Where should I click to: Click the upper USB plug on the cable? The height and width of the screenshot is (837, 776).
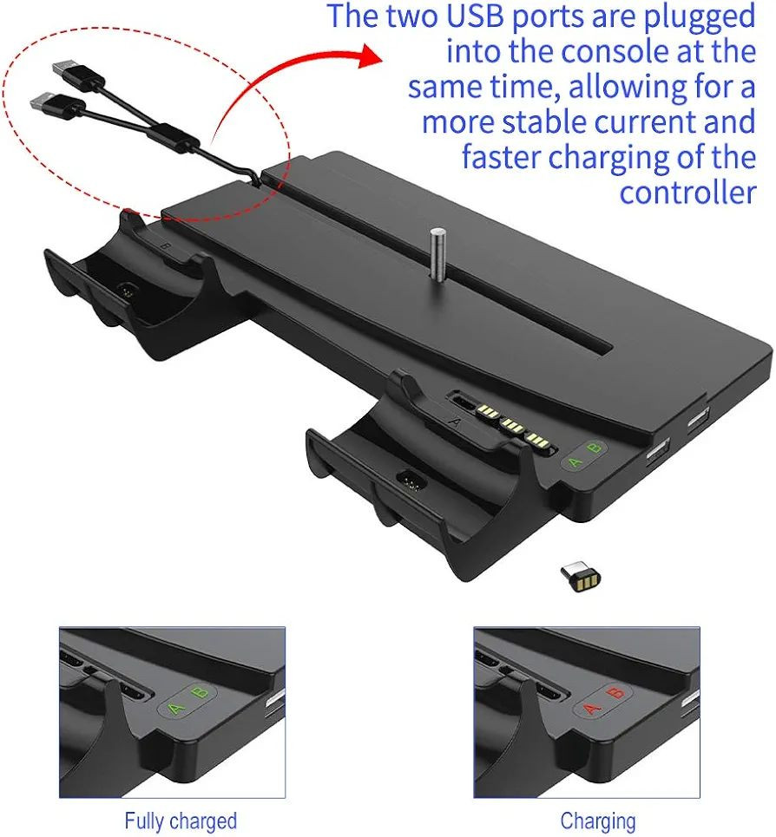point(78,74)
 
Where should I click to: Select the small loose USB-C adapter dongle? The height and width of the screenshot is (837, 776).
point(581,576)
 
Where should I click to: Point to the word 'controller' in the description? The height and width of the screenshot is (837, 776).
point(687,193)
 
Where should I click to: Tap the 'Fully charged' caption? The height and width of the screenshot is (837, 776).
point(181,821)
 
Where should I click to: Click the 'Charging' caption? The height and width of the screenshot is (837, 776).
point(597,821)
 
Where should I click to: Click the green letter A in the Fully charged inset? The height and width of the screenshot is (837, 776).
point(175,709)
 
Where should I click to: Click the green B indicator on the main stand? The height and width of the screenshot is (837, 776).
point(595,448)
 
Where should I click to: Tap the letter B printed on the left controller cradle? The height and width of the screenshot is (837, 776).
point(166,246)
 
